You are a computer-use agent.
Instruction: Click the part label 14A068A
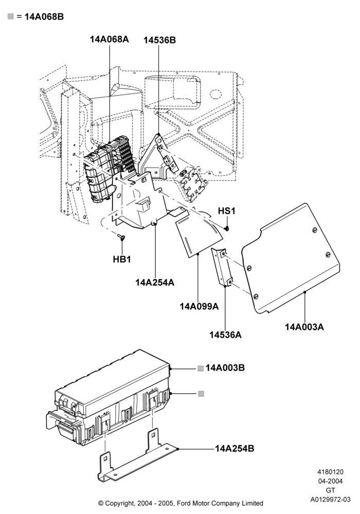(110, 40)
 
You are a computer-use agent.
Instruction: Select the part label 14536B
(159, 40)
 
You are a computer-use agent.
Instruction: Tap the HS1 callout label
(227, 211)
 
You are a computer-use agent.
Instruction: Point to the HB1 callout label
(122, 259)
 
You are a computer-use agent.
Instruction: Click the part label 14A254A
(155, 282)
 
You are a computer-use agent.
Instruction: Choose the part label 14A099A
(199, 306)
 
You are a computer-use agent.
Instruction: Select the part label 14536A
(226, 335)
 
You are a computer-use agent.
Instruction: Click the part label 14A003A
(304, 327)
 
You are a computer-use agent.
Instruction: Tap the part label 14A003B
(225, 368)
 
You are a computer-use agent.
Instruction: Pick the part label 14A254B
(235, 448)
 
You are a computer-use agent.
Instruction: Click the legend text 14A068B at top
(44, 17)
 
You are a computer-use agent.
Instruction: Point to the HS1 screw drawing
(227, 228)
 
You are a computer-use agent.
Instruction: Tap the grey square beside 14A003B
(201, 369)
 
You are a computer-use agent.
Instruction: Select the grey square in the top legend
(11, 16)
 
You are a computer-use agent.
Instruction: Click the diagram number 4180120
(330, 472)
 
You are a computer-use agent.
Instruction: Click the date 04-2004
(331, 481)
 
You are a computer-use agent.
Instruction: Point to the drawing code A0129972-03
(331, 500)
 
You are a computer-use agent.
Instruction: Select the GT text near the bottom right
(331, 490)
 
